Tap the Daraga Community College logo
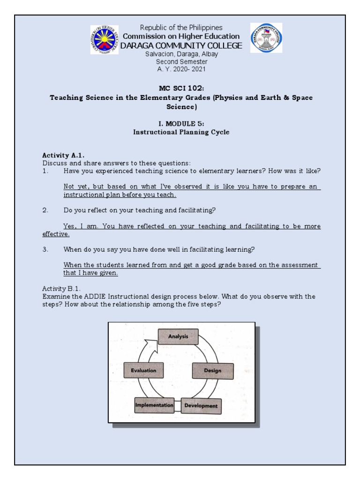click(266, 38)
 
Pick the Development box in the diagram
click(200, 405)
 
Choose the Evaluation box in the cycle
click(143, 370)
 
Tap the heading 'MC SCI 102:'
click(180, 88)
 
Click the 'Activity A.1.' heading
click(59, 155)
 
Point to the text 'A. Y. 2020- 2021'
click(180, 68)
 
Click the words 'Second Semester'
click(180, 61)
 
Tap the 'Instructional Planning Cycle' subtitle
click(180, 133)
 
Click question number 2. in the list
click(45, 210)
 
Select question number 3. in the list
click(45, 249)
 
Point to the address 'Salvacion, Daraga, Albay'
click(180, 54)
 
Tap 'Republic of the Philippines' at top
click(180, 28)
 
